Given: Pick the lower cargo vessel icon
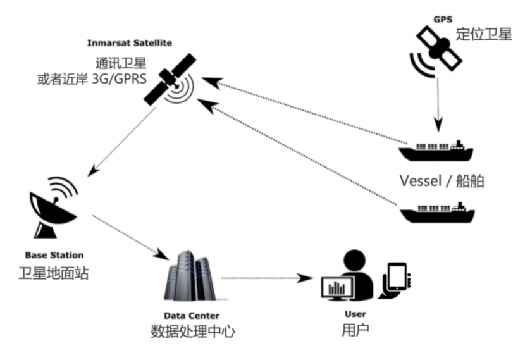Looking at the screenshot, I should click(436, 213).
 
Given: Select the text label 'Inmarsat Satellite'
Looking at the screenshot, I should click(130, 43).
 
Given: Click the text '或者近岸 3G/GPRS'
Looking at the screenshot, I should click(92, 80).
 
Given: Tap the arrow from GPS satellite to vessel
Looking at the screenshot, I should click(437, 101).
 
